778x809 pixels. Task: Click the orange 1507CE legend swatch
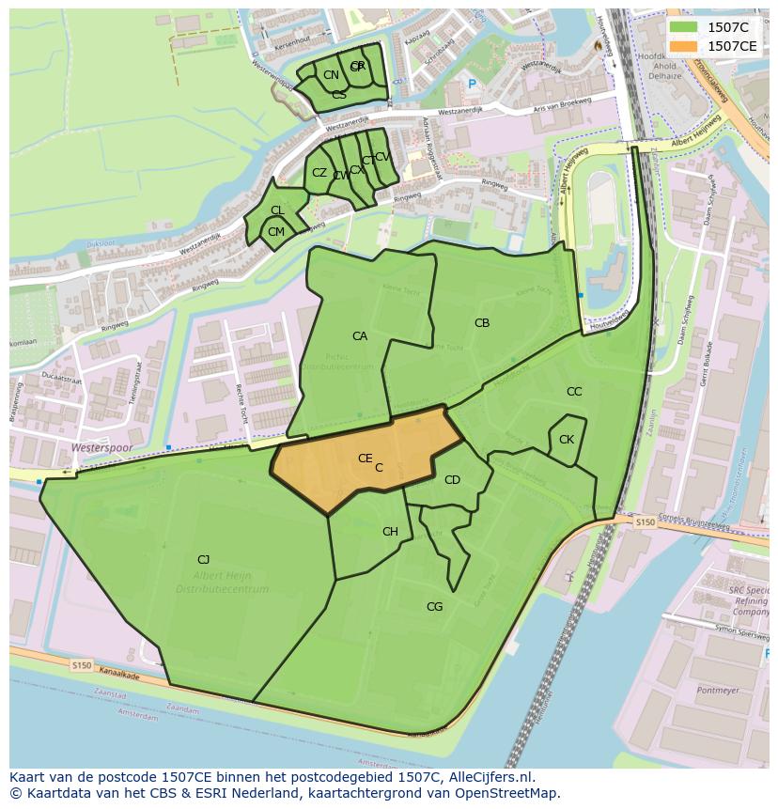(684, 46)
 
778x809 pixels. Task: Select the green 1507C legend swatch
(684, 27)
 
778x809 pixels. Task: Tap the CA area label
(360, 336)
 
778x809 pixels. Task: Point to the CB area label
(482, 323)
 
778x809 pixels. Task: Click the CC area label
(574, 392)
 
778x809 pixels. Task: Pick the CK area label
(567, 440)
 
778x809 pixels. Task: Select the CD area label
(452, 480)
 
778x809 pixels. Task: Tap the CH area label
(390, 532)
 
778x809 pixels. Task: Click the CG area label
(434, 607)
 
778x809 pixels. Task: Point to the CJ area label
(203, 560)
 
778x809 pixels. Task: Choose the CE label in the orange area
(365, 459)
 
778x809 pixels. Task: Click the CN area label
(331, 75)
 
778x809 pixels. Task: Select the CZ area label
(319, 173)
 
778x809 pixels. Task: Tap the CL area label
(277, 210)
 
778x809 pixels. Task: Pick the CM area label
(276, 232)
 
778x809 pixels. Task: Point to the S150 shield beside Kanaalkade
(82, 664)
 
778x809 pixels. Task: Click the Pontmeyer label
(719, 691)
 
